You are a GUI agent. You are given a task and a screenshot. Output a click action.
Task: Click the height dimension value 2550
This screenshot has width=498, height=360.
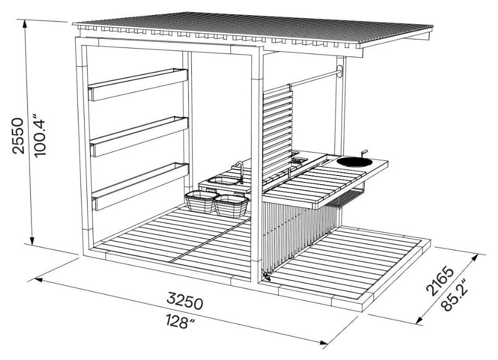(18, 136)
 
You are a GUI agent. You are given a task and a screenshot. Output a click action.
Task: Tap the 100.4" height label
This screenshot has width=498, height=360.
(40, 138)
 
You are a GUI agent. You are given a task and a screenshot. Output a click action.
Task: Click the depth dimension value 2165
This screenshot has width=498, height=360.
(440, 281)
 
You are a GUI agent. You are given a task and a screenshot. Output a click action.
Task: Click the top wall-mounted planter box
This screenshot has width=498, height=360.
(138, 84)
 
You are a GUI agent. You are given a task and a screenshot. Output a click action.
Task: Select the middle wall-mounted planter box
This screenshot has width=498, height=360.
(139, 137)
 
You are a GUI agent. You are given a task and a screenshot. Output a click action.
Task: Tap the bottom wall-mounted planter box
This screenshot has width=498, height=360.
(140, 187)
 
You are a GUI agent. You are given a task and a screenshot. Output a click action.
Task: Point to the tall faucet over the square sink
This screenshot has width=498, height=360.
(240, 171)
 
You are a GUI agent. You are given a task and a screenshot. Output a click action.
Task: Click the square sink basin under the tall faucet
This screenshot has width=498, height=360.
(224, 181)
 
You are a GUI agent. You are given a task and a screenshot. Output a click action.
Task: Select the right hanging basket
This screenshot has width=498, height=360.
(231, 205)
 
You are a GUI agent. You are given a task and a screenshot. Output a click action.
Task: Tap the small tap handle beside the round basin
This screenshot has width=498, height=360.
(363, 153)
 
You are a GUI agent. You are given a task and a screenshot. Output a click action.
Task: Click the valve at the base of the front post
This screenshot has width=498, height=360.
(266, 276)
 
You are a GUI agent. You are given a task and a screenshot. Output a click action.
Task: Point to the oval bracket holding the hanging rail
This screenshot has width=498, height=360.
(340, 71)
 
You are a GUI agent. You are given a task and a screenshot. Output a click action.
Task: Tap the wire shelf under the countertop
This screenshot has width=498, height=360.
(346, 197)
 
